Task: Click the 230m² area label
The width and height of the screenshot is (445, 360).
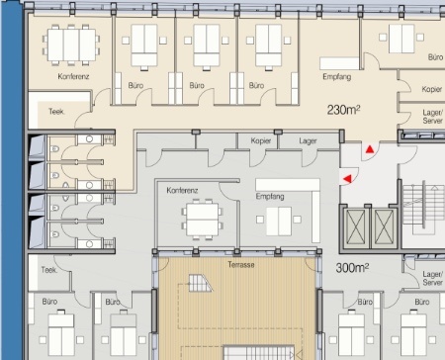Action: click(343, 110)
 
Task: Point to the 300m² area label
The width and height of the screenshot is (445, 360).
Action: click(352, 268)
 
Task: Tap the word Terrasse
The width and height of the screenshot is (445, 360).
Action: click(241, 265)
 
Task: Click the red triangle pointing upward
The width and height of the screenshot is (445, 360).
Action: click(370, 149)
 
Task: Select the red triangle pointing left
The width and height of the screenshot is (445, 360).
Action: click(347, 179)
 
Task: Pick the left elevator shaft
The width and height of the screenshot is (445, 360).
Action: click(356, 227)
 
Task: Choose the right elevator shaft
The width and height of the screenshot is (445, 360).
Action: click(385, 227)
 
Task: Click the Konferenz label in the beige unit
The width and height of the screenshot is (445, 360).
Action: click(73, 76)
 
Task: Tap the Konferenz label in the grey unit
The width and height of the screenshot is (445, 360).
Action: click(182, 191)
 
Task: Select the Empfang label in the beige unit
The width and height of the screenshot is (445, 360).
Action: click(336, 77)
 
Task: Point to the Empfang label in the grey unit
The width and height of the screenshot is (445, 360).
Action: click(270, 197)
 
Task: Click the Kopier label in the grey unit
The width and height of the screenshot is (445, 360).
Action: click(260, 141)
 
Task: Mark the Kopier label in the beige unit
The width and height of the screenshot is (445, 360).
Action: click(432, 89)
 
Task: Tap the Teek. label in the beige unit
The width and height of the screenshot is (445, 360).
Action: click(56, 112)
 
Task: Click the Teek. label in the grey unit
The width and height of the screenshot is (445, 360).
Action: click(49, 270)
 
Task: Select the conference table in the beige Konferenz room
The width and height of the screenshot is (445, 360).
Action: click(71, 45)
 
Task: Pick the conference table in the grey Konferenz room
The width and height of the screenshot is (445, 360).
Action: click(202, 220)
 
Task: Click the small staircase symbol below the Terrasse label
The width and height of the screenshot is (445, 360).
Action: click(200, 284)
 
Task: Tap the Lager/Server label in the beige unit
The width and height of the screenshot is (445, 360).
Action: click(432, 117)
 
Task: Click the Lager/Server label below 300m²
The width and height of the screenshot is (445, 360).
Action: click(432, 279)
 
